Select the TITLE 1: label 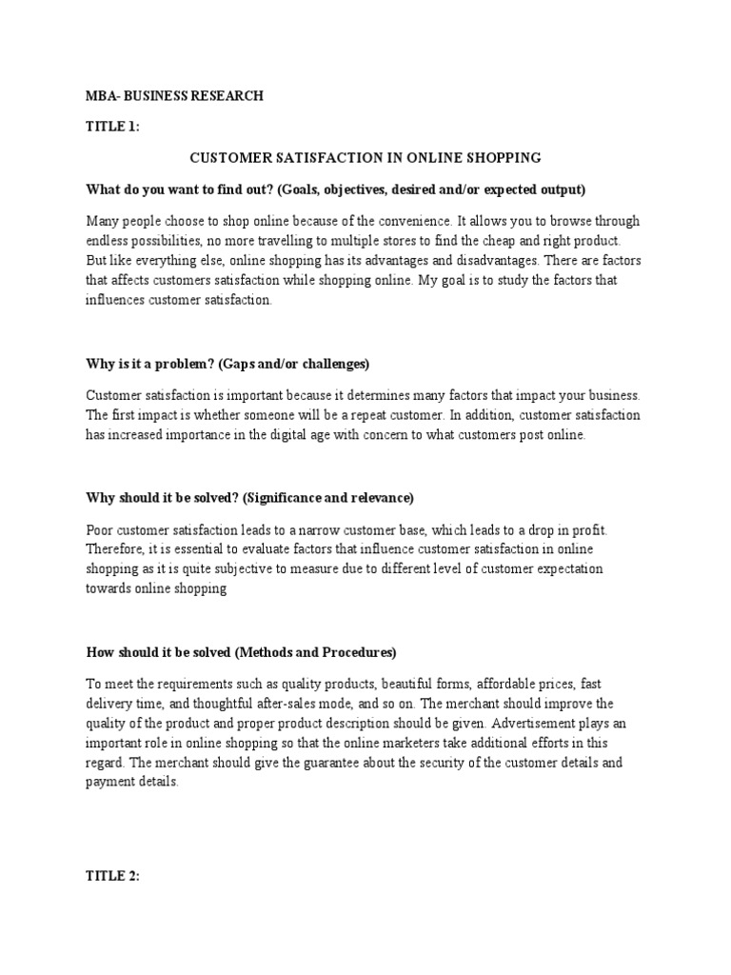coord(113,126)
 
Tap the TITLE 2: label coord(113,877)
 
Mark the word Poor coord(100,529)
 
